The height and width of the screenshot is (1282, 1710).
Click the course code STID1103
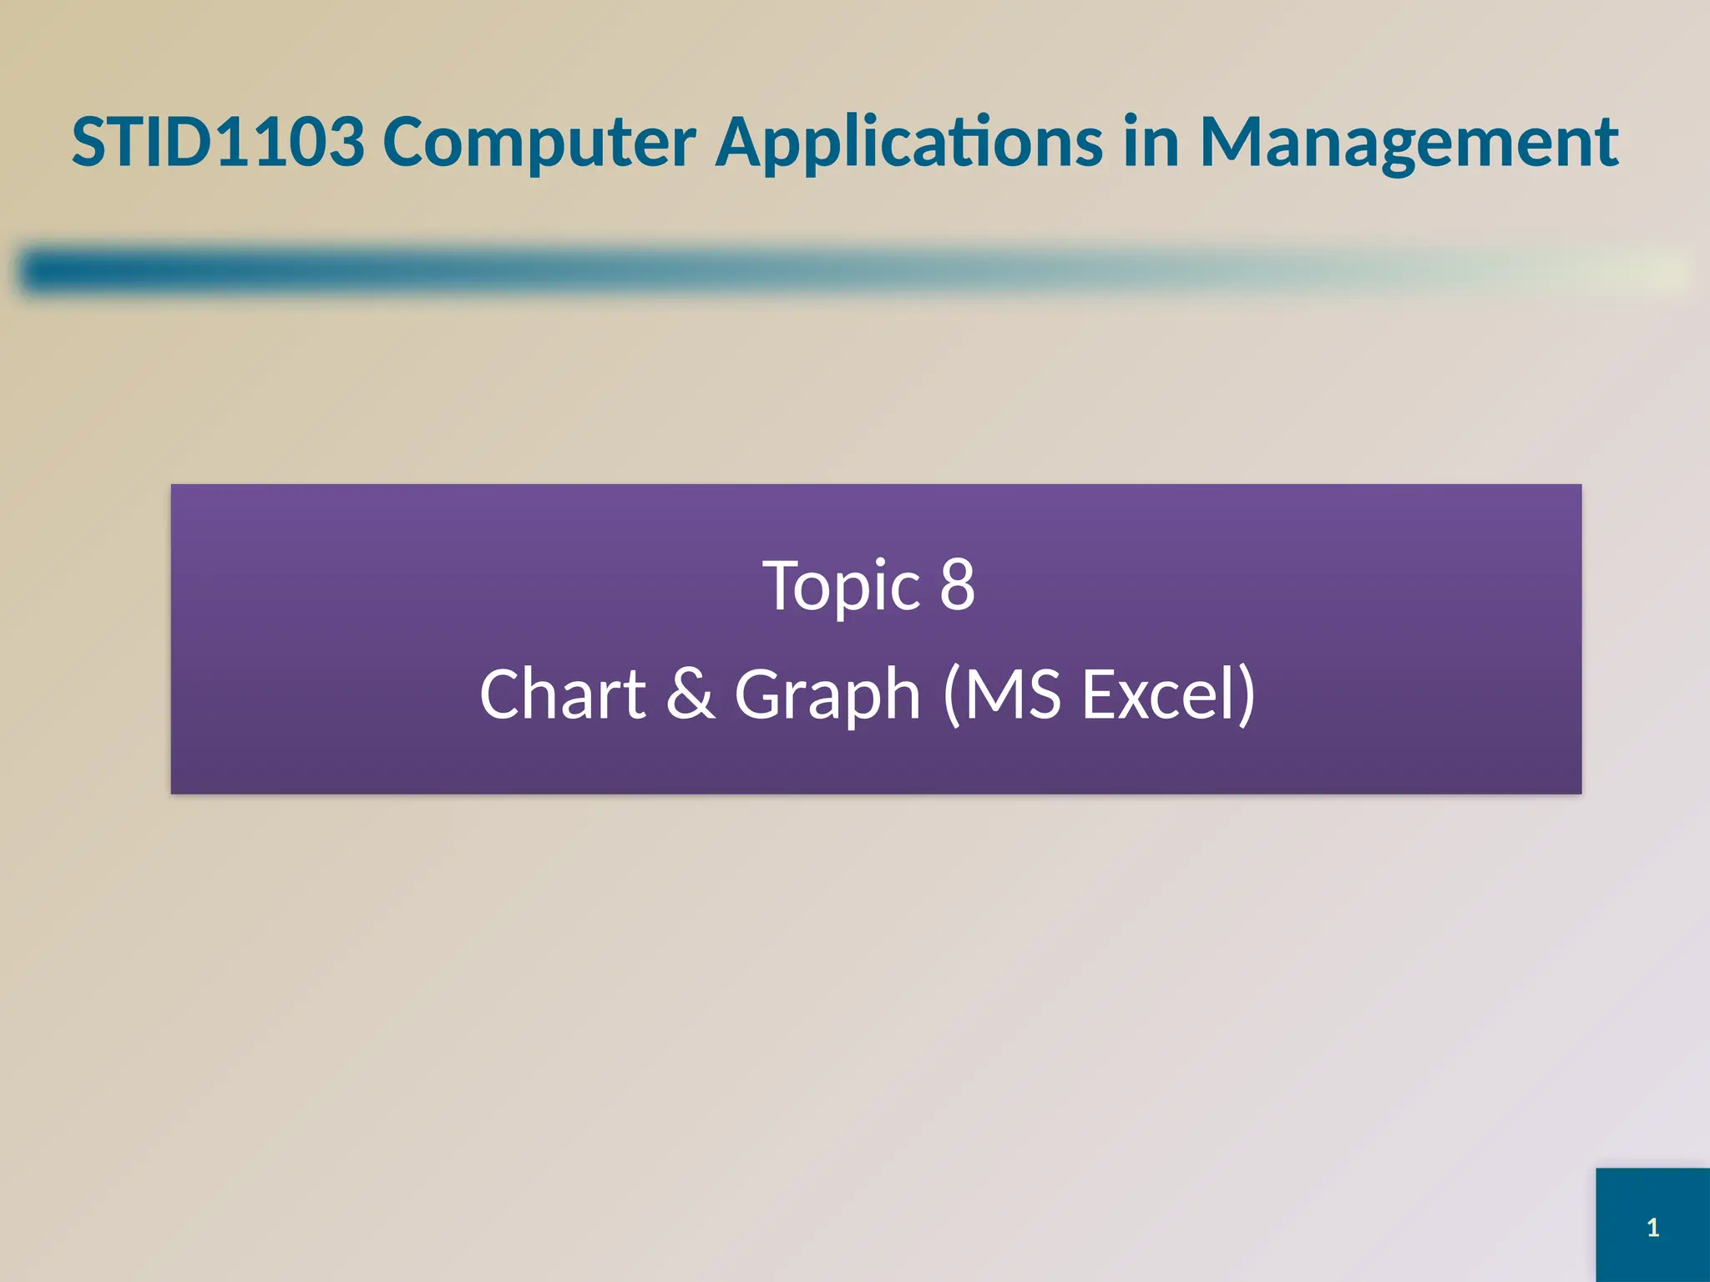click(x=219, y=142)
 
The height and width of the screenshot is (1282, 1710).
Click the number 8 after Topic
click(x=958, y=586)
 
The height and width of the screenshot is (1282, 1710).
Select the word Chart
click(x=563, y=694)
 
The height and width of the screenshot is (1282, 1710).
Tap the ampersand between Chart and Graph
click(x=691, y=694)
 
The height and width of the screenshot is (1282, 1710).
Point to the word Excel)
click(x=1169, y=694)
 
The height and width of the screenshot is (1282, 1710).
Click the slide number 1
click(x=1652, y=1228)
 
